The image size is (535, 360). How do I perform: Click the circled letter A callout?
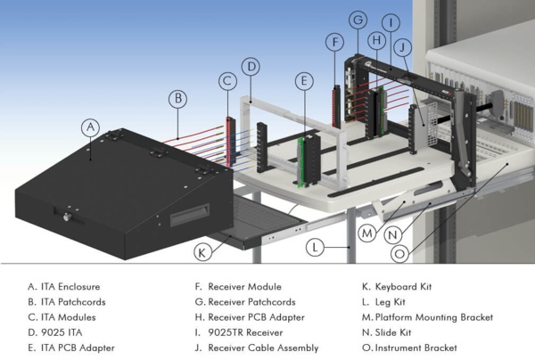pyautogui.click(x=89, y=127)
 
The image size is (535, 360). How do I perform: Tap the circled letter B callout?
pyautogui.click(x=177, y=97)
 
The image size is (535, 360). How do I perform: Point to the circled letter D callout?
pyautogui.click(x=251, y=66)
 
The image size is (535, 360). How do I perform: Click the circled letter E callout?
pyautogui.click(x=305, y=80)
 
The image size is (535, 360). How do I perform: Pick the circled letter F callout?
pyautogui.click(x=334, y=42)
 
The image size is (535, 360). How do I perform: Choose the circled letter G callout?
pyautogui.click(x=358, y=20)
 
